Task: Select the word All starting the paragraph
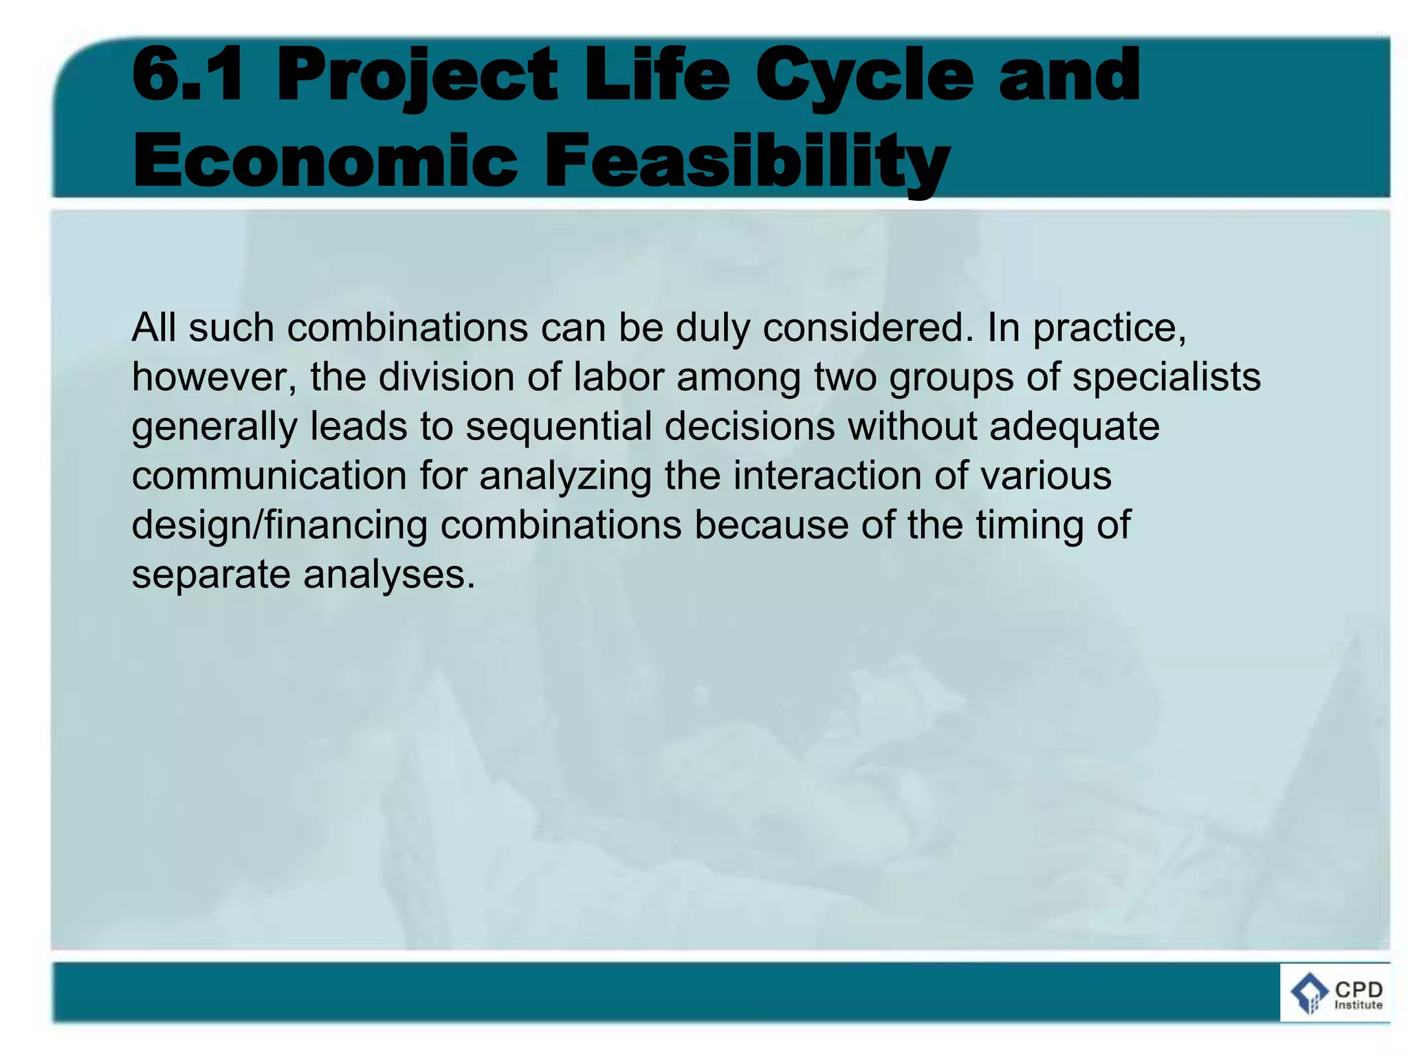pyautogui.click(x=154, y=327)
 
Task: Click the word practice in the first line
pyautogui.click(x=1110, y=329)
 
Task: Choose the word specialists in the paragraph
pyautogui.click(x=1167, y=377)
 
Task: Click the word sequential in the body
pyautogui.click(x=558, y=427)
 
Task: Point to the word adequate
pyautogui.click(x=1074, y=427)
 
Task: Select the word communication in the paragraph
pyautogui.click(x=269, y=476)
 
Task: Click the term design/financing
pyautogui.click(x=279, y=526)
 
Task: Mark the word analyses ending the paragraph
pyautogui.click(x=389, y=575)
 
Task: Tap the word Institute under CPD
pyautogui.click(x=1358, y=1005)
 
